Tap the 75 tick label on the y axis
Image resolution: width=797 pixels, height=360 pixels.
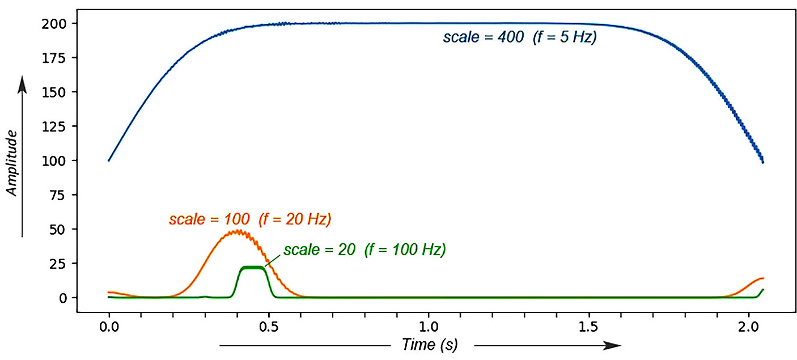60,195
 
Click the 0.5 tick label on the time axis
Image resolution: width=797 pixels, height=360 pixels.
269,327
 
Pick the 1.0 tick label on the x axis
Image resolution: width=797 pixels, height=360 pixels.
429,327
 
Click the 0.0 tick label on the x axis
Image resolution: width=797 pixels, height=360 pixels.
108,327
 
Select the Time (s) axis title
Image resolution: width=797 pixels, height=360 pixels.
429,344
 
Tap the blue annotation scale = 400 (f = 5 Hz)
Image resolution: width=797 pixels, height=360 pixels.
519,39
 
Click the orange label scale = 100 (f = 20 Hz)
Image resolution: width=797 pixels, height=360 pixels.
249,219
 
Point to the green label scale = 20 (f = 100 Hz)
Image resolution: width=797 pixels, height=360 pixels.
364,250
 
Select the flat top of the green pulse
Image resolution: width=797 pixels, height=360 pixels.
253,267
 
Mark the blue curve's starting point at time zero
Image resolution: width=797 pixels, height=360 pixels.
109,160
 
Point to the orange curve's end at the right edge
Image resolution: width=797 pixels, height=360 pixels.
763,278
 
